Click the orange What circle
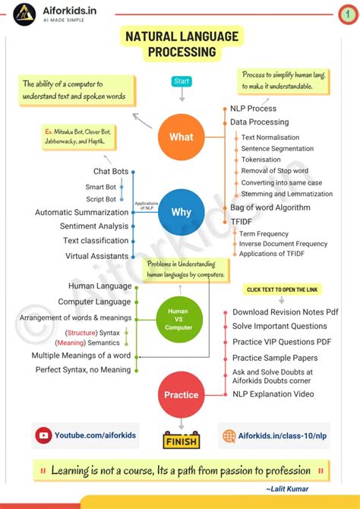tap(181, 138)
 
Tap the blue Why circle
tap(181, 212)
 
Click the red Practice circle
tap(181, 394)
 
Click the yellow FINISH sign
tap(181, 441)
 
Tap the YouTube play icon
tap(43, 436)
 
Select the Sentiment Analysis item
tap(94, 226)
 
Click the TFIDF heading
tap(242, 221)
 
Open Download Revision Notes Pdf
tap(285, 312)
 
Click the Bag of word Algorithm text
tap(270, 207)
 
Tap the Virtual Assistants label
tap(96, 256)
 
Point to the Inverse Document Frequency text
tap(283, 244)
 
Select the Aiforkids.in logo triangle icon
tap(25, 14)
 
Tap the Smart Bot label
tap(100, 186)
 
